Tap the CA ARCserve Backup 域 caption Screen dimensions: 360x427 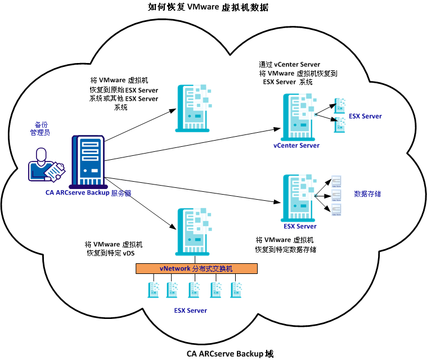click(x=230, y=354)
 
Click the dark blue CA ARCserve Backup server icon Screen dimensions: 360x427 click(x=87, y=161)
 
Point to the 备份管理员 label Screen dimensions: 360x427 click(x=41, y=129)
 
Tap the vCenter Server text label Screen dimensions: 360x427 click(x=296, y=146)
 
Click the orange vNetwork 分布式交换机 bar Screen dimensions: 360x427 click(x=196, y=268)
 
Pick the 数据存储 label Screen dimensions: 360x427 click(x=367, y=193)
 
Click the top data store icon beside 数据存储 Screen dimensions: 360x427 click(x=336, y=181)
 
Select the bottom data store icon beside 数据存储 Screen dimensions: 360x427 click(x=336, y=209)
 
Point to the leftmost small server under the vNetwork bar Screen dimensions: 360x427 click(x=153, y=290)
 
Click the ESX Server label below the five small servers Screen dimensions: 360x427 click(x=190, y=310)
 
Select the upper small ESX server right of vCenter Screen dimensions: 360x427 click(x=340, y=105)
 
